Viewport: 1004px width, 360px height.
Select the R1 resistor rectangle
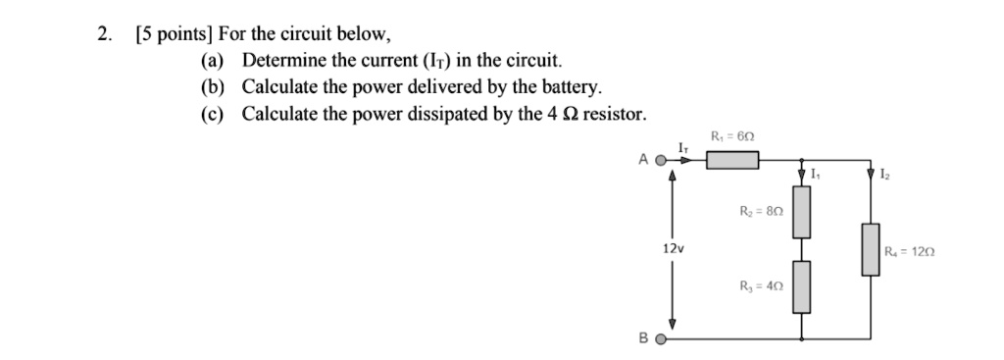732,159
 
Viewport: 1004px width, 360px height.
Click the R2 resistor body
802,212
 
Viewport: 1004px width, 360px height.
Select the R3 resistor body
802,285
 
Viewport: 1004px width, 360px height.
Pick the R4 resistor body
869,249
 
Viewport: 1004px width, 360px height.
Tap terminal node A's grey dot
661,159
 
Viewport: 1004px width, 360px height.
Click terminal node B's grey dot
661,341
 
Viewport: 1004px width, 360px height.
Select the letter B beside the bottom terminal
643,341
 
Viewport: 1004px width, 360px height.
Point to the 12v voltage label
673,249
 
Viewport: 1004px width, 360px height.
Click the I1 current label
816,175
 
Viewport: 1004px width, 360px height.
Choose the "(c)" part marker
212,114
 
